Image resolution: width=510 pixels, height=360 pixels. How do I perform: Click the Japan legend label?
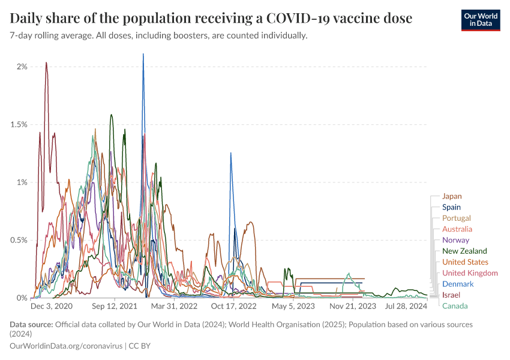click(x=452, y=196)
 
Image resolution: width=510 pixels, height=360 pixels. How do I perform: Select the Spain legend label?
click(x=451, y=207)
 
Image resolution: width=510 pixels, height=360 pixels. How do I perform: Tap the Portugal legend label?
click(x=456, y=218)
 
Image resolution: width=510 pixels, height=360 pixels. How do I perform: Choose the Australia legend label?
click(x=457, y=229)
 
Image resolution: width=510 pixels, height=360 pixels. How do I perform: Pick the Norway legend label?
click(x=455, y=240)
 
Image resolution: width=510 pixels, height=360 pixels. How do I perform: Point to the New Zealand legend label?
click(x=464, y=251)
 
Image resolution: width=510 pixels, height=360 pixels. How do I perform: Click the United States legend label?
click(x=465, y=262)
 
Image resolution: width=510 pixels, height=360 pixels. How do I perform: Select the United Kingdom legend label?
click(x=470, y=273)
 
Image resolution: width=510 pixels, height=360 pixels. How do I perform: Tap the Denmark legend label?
click(x=458, y=284)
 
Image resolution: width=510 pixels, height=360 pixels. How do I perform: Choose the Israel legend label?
click(x=452, y=295)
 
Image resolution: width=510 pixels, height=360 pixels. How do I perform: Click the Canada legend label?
click(x=455, y=306)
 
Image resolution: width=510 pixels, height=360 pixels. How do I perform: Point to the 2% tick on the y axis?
click(x=22, y=67)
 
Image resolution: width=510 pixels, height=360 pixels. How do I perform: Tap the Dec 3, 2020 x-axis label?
click(x=51, y=306)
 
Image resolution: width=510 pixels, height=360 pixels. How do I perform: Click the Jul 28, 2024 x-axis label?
click(x=406, y=306)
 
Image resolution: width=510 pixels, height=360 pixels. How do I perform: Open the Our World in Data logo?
click(x=480, y=19)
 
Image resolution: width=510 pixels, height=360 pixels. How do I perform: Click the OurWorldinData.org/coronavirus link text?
click(x=67, y=346)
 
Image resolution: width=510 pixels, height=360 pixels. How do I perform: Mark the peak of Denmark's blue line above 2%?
click(x=143, y=54)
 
